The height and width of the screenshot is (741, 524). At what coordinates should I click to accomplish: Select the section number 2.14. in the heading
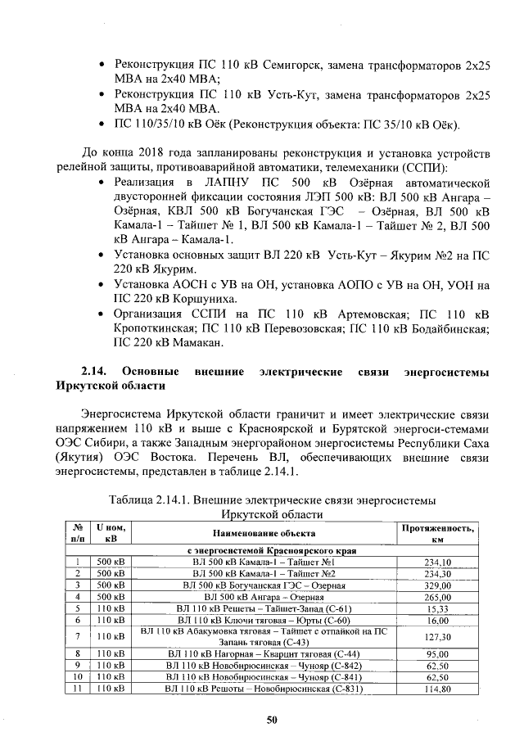point(97,372)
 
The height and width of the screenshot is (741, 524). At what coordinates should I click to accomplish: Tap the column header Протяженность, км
point(437,535)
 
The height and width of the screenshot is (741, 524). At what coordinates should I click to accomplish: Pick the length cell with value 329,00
point(437,585)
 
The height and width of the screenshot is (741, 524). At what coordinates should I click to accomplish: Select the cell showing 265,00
point(437,597)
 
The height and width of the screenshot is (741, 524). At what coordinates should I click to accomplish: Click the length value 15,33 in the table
point(437,608)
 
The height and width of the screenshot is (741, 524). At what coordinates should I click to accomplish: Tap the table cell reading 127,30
point(437,636)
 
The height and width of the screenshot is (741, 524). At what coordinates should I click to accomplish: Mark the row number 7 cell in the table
point(75,636)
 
